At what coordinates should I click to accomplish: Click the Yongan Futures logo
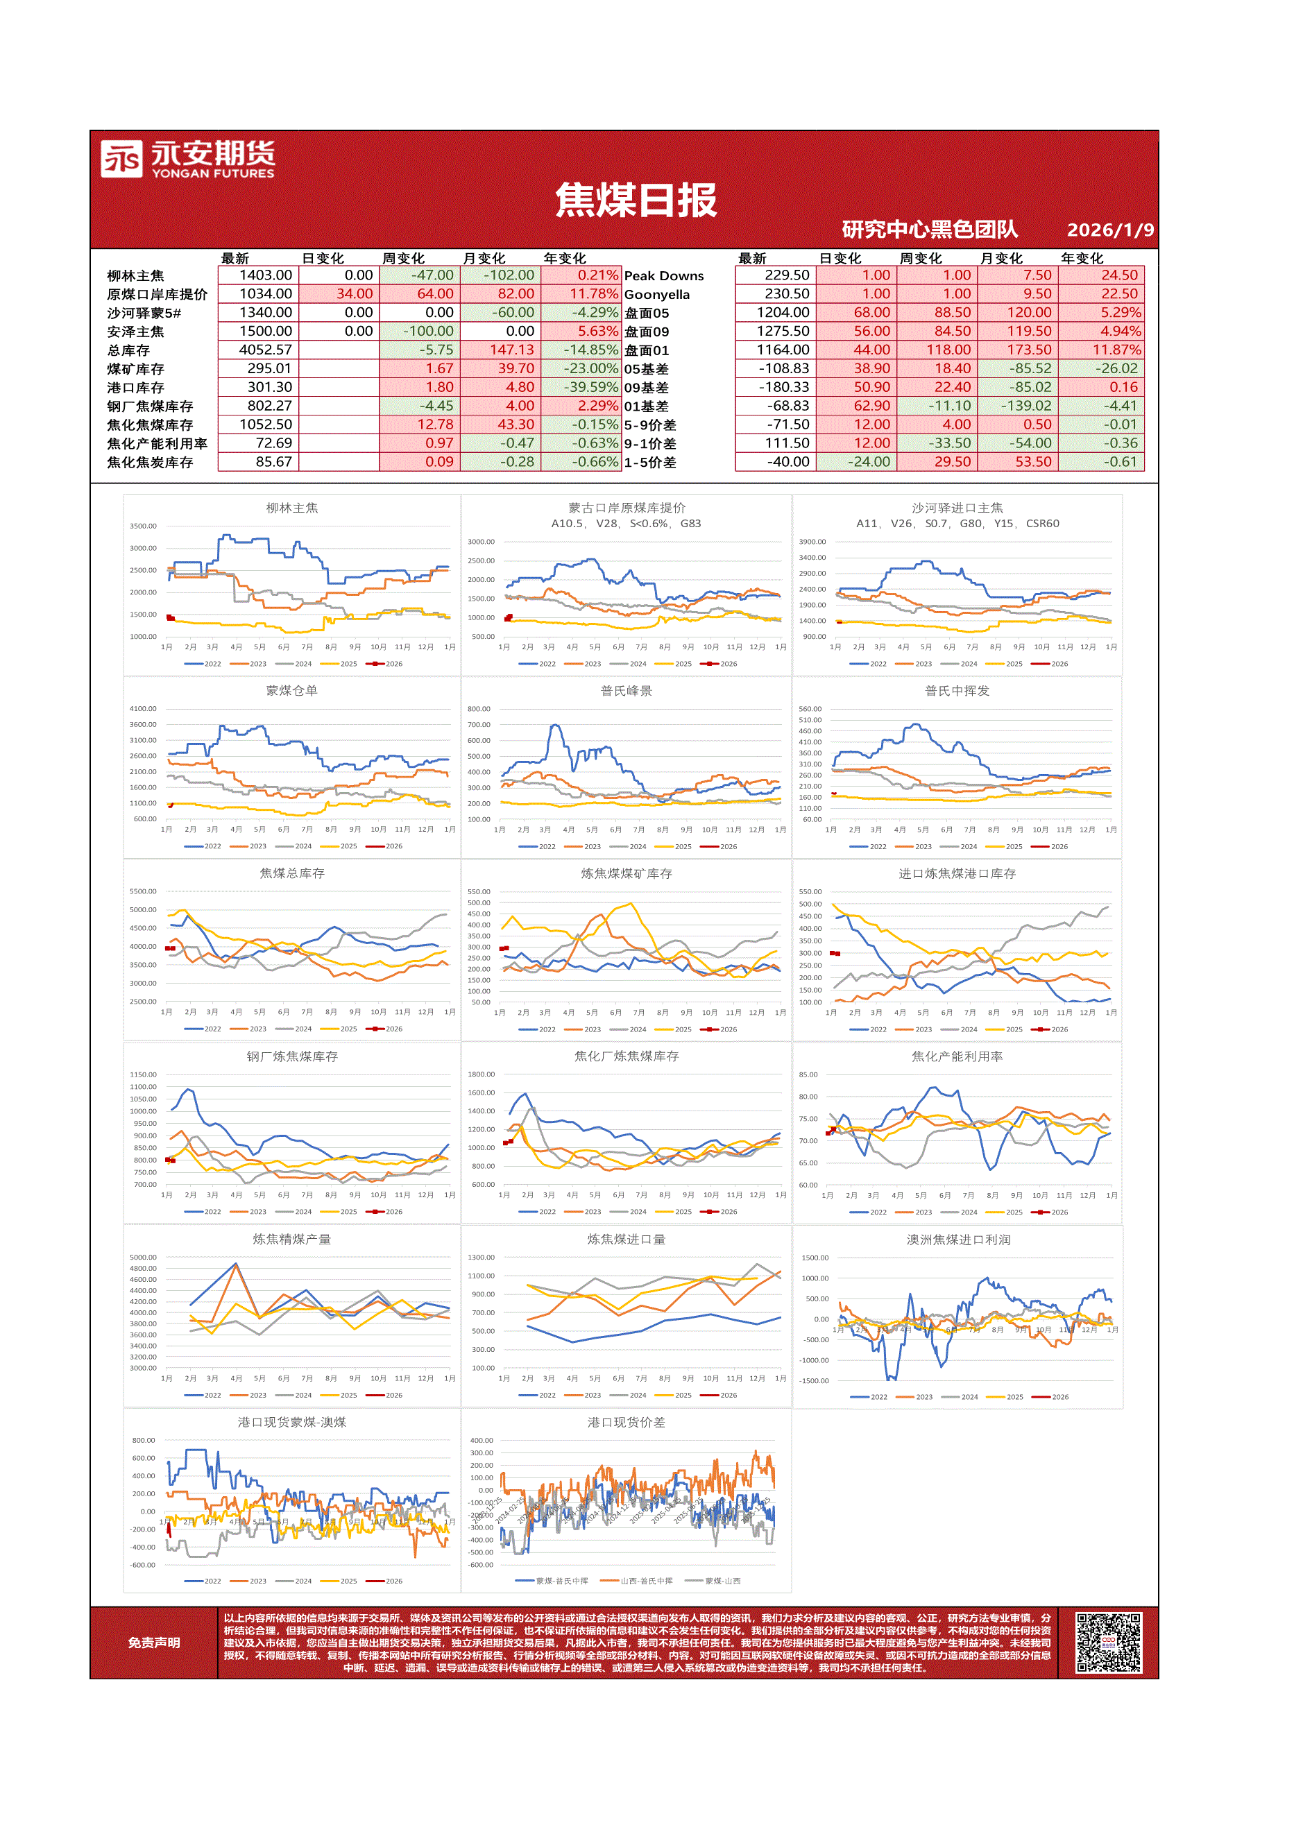[x=187, y=159]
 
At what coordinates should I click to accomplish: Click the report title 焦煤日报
[x=635, y=200]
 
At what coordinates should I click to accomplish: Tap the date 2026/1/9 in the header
[x=1109, y=230]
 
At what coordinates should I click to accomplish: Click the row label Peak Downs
[x=663, y=276]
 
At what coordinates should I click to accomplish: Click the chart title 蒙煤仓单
[x=291, y=691]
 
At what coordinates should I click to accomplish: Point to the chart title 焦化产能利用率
[x=956, y=1056]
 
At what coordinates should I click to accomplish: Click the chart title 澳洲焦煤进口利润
[x=957, y=1240]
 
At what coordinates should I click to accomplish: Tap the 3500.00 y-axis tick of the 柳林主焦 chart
[x=144, y=526]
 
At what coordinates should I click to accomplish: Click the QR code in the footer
[x=1108, y=1643]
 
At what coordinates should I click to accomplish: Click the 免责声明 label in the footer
[x=153, y=1643]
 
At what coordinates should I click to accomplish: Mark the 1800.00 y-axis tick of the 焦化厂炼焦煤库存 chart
[x=481, y=1074]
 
